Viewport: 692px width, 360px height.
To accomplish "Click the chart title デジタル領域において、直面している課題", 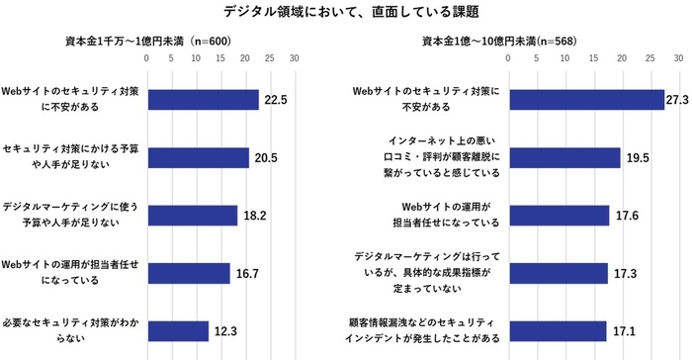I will tap(345, 12).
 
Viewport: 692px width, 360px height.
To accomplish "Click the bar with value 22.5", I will tap(203, 100).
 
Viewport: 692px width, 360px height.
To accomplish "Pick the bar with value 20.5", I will tap(198, 157).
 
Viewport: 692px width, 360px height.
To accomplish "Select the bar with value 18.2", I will tap(192, 215).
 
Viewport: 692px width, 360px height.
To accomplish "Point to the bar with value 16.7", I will tap(188, 272).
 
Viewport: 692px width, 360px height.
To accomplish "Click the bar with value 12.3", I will tap(177, 330).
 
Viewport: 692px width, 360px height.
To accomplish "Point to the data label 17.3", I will tap(625, 272).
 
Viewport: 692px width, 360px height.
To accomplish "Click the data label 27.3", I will tap(680, 100).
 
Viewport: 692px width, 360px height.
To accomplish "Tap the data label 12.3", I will tap(224, 330).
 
